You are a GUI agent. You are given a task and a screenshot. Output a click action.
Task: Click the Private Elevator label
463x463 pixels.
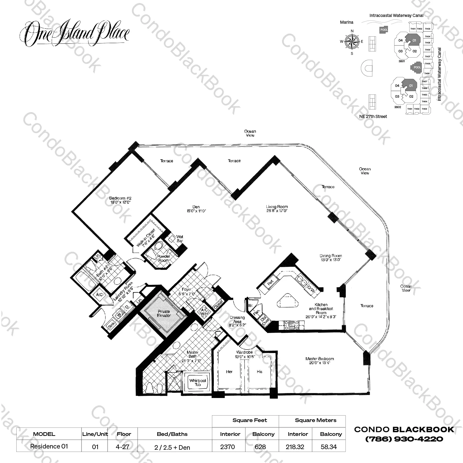164,313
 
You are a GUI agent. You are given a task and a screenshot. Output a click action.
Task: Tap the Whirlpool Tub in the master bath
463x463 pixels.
198,383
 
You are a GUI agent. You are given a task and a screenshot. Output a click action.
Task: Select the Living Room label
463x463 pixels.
277,209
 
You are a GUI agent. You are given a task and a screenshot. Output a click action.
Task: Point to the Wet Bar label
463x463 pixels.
180,239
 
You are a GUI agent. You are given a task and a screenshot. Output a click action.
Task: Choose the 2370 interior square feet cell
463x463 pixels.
228,447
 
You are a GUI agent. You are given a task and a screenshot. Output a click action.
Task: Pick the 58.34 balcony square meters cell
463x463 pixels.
329,447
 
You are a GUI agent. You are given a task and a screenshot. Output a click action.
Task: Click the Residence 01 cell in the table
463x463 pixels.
49,446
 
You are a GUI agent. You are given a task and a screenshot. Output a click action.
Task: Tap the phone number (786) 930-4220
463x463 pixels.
404,439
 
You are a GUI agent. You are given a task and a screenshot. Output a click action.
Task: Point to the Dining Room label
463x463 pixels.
330,258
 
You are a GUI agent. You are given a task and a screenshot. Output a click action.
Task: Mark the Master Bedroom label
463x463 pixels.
320,360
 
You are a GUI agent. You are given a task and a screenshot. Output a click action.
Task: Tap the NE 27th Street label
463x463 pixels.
373,116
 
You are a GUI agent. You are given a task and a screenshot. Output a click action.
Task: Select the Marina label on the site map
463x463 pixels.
346,22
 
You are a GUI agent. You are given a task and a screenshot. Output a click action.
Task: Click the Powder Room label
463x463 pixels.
163,258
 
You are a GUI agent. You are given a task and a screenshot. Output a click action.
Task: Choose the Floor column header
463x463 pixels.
124,434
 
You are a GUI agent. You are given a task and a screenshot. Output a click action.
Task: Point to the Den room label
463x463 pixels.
196,209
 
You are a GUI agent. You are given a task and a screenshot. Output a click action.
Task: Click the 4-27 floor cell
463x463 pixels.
123,447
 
